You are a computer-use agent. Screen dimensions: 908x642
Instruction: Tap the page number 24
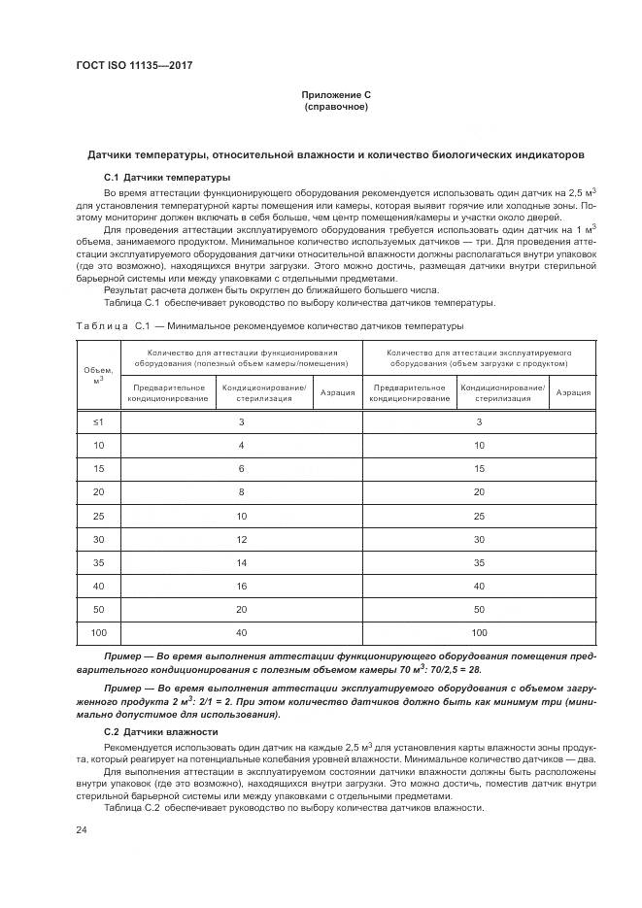tap(82, 829)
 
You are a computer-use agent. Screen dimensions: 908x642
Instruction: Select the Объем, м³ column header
tap(98, 374)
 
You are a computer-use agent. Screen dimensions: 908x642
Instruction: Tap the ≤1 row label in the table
tap(98, 420)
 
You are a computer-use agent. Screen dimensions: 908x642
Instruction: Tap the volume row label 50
tap(98, 609)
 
